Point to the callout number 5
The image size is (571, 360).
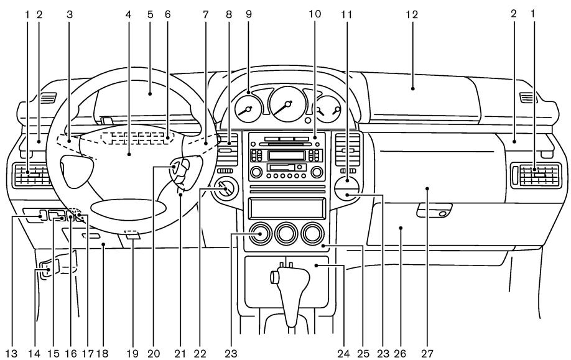(x=150, y=13)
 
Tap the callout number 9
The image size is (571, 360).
(x=248, y=13)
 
